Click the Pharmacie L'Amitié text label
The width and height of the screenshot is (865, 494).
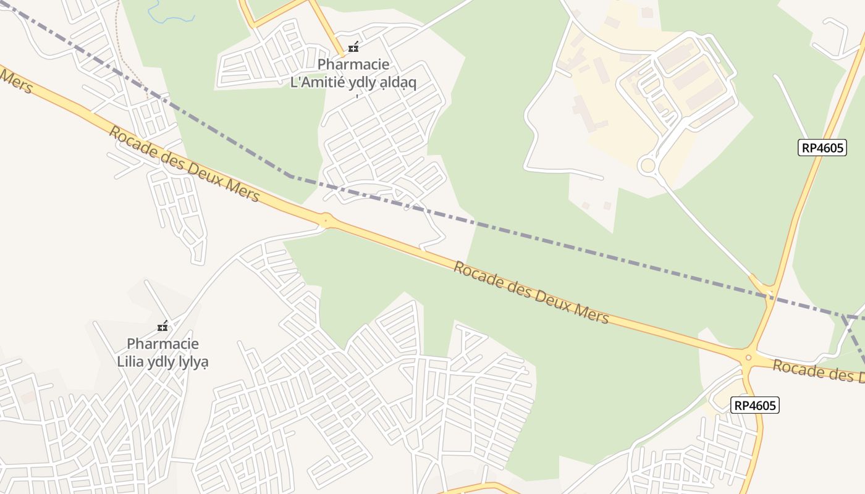(x=353, y=73)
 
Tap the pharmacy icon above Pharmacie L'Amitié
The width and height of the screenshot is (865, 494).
(x=353, y=47)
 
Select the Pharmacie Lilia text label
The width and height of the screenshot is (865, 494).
(x=163, y=352)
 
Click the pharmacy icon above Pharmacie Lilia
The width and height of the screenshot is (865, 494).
(x=163, y=326)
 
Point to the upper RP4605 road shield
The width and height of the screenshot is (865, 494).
(x=822, y=148)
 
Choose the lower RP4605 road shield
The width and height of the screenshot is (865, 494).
(x=754, y=405)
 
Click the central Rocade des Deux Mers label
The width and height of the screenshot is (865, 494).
(x=531, y=293)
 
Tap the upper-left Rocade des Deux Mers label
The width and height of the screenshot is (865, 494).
(x=184, y=164)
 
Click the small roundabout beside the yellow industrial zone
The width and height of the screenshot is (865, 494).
(x=648, y=165)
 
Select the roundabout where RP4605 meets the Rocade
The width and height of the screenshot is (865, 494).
(x=748, y=357)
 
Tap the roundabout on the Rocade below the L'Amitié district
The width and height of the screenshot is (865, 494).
(x=326, y=220)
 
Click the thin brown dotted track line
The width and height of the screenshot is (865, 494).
(x=133, y=74)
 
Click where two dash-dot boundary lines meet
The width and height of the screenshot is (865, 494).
(x=843, y=316)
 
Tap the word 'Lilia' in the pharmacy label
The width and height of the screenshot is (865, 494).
(x=131, y=361)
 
